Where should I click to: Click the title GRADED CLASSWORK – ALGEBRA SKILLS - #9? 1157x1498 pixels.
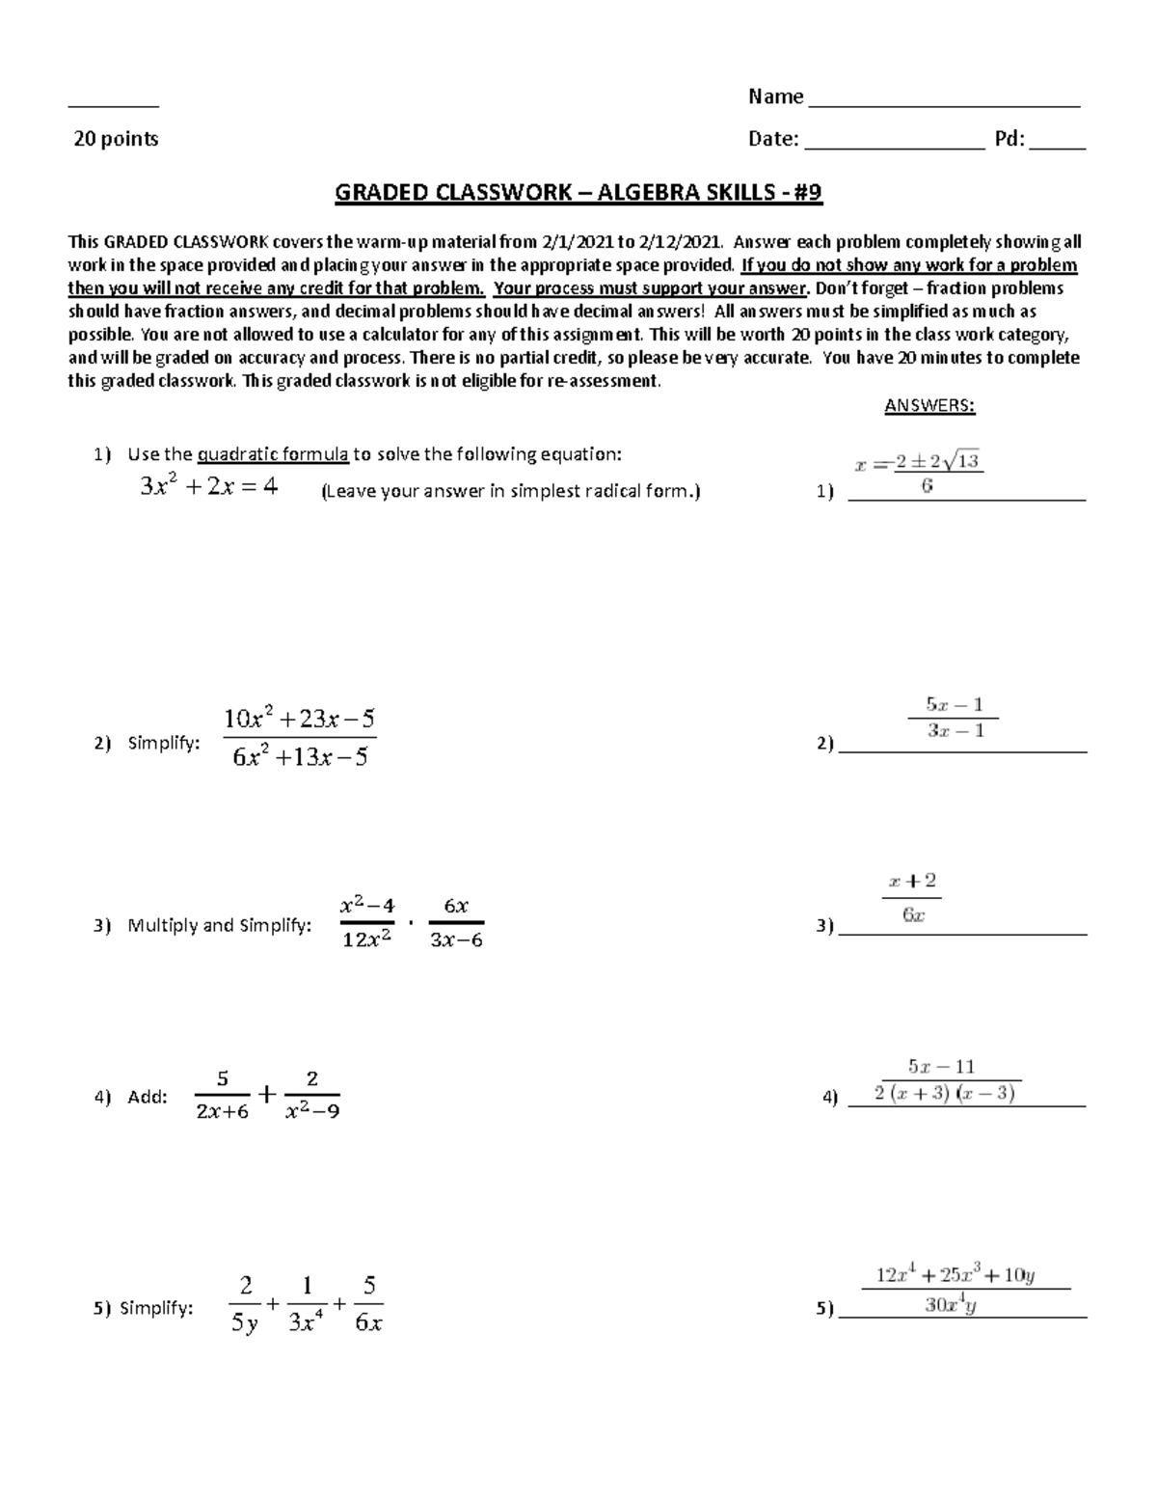click(x=578, y=193)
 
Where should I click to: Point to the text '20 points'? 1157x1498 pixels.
click(x=117, y=139)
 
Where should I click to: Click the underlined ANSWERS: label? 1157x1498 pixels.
click(x=929, y=406)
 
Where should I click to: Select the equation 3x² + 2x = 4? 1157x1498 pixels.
click(x=209, y=487)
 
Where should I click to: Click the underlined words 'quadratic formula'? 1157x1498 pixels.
click(x=273, y=454)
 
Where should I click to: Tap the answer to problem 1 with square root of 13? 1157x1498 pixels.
click(x=919, y=473)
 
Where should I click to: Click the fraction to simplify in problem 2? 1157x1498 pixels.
click(x=299, y=738)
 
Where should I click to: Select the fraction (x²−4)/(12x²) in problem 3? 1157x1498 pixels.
click(x=367, y=923)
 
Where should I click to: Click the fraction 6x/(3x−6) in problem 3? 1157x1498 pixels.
click(x=455, y=923)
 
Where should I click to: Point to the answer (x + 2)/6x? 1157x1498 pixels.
click(x=912, y=898)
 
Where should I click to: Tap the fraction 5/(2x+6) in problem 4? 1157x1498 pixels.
click(x=222, y=1095)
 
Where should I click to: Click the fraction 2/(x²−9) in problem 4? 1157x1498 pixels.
click(x=311, y=1095)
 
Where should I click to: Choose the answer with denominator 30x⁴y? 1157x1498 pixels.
click(x=964, y=1291)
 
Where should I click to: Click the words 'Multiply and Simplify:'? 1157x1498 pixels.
click(x=220, y=926)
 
